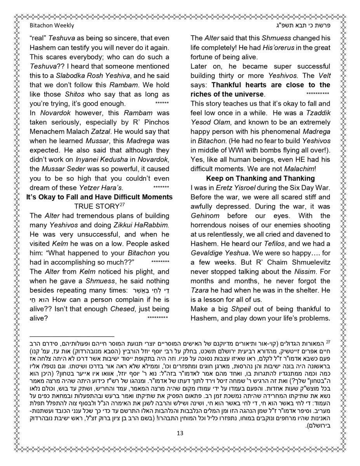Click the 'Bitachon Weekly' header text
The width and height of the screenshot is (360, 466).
[52, 26]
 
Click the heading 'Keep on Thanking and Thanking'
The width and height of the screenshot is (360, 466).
[260, 179]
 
